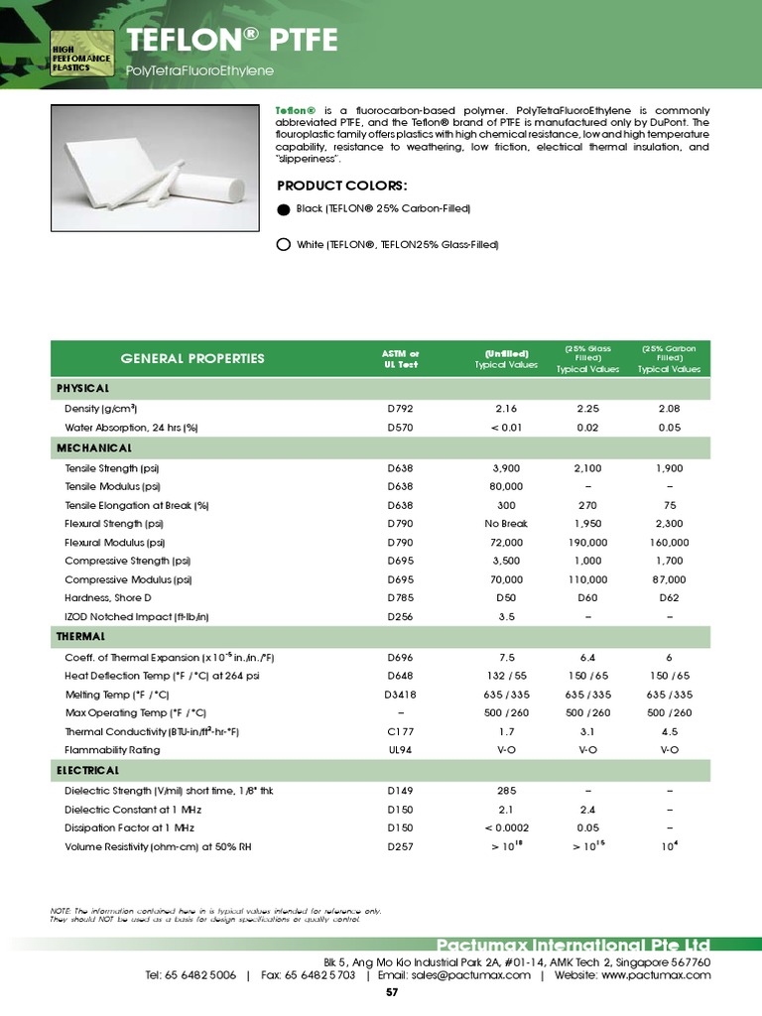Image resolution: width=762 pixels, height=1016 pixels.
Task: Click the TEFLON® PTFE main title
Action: point(232,40)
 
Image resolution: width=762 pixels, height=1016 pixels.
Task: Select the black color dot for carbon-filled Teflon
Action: point(283,209)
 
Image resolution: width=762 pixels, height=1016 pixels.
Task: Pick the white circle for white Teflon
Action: point(283,244)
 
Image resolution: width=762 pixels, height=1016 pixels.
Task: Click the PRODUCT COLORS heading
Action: point(342,186)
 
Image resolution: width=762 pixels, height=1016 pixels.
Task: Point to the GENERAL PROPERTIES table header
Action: point(192,358)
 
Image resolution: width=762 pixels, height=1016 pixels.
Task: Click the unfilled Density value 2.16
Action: point(506,409)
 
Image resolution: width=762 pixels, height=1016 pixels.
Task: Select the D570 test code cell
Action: point(401,428)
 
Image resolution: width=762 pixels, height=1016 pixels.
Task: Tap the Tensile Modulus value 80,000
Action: point(506,486)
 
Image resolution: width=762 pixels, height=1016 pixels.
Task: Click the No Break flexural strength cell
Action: point(506,523)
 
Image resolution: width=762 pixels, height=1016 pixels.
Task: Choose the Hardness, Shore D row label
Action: point(123,598)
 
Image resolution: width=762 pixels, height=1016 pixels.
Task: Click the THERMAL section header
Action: point(86,636)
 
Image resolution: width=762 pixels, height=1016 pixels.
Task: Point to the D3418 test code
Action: point(401,694)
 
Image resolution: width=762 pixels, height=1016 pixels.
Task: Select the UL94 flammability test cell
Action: point(401,750)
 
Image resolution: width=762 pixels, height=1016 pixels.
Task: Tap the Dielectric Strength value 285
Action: point(506,791)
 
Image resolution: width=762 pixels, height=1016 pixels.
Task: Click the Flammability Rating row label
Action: point(112,750)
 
